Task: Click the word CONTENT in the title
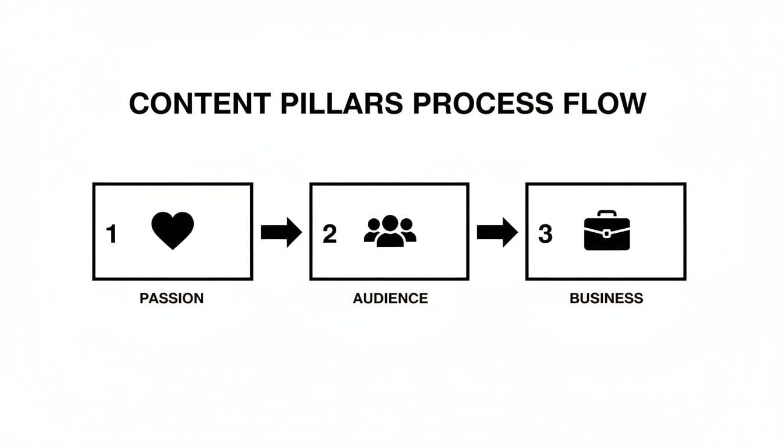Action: click(x=200, y=104)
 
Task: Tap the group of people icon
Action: click(x=390, y=232)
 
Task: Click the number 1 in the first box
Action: click(x=112, y=234)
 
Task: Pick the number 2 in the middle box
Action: click(x=329, y=234)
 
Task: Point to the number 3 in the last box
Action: click(x=545, y=234)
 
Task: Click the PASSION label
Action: click(x=172, y=299)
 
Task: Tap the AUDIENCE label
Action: click(x=390, y=299)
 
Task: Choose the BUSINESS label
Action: click(x=606, y=299)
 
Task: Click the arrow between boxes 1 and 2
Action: click(x=281, y=233)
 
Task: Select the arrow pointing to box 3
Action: click(x=497, y=233)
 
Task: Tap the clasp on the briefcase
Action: click(x=606, y=233)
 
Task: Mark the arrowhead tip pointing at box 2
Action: click(x=301, y=233)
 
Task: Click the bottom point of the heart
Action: click(x=172, y=249)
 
